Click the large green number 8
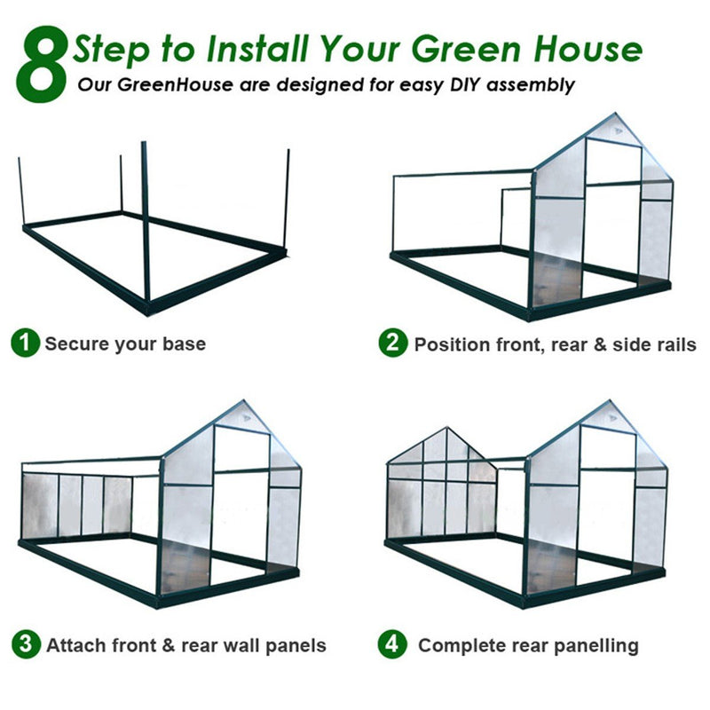pos(42,64)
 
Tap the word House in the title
pos(588,49)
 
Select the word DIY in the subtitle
pos(466,84)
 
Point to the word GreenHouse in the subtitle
pos(176,84)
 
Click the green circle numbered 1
pos(26,343)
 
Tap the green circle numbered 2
pos(393,343)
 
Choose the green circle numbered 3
pos(26,644)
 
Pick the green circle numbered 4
pos(392,644)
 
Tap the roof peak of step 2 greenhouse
pos(615,114)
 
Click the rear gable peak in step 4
pos(447,428)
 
